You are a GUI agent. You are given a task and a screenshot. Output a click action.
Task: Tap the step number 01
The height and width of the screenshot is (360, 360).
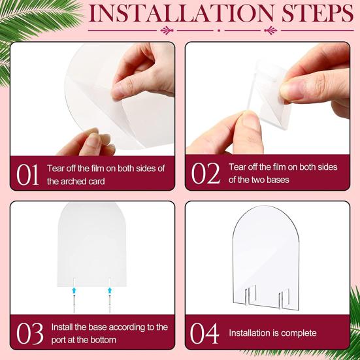(x=27, y=174)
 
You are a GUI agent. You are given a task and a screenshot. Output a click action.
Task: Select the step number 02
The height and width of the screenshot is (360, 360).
(x=206, y=173)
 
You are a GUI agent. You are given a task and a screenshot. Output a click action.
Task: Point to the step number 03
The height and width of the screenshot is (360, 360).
(x=29, y=333)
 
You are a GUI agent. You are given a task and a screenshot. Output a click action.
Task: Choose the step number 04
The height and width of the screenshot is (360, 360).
(x=205, y=333)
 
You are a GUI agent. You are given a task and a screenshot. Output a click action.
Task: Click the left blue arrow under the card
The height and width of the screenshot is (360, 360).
(x=74, y=290)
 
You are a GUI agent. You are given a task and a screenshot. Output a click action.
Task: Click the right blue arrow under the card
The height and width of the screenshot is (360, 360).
(x=110, y=290)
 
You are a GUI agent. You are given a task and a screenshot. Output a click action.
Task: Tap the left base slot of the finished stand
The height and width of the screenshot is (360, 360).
(x=250, y=295)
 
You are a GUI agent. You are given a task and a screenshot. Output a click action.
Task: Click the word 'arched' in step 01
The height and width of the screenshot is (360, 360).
(x=76, y=182)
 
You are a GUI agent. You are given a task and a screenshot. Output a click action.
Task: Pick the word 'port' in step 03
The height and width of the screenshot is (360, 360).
(x=59, y=340)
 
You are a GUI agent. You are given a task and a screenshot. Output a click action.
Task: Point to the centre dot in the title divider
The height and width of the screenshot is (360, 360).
(x=219, y=30)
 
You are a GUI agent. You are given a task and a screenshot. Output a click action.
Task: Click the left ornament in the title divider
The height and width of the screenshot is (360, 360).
(x=167, y=30)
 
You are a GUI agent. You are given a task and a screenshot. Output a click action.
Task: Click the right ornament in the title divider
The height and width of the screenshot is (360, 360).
(x=271, y=30)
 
